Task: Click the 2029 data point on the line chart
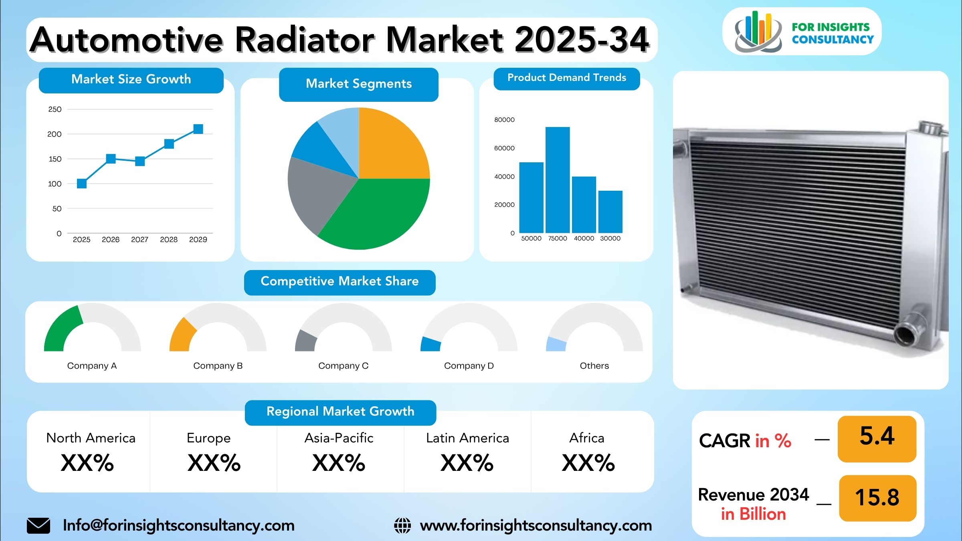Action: click(x=198, y=129)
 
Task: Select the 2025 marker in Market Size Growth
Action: click(x=82, y=184)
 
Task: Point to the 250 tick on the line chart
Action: click(x=55, y=109)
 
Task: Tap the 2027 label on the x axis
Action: click(x=139, y=240)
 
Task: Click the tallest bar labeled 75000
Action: click(x=558, y=180)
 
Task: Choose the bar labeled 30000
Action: click(x=610, y=212)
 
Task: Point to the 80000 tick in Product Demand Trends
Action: click(x=504, y=120)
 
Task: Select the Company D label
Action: click(x=469, y=366)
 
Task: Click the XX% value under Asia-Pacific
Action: click(x=339, y=463)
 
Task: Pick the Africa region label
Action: click(x=587, y=438)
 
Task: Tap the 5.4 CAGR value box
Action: click(x=877, y=439)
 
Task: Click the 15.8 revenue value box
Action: click(x=878, y=498)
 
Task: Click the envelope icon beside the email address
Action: click(x=38, y=526)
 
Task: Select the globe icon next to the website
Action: click(x=402, y=526)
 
